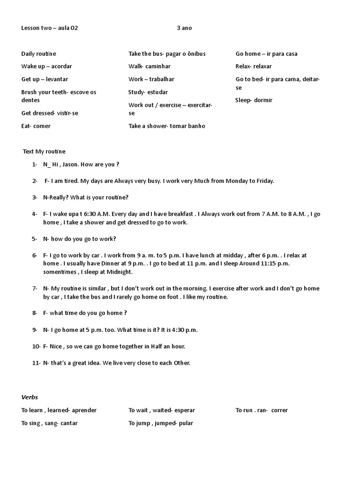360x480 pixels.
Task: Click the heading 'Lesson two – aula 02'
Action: [50, 28]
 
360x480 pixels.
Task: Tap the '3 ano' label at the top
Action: [184, 28]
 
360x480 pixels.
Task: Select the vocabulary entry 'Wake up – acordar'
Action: [46, 67]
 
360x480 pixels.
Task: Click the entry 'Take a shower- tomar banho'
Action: [166, 126]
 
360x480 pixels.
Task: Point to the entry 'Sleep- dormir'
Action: [254, 100]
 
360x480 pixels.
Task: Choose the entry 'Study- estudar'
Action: [148, 92]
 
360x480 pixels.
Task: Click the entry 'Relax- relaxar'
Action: [254, 67]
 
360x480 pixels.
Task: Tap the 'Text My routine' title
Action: [45, 151]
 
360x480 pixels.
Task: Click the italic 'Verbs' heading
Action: [30, 397]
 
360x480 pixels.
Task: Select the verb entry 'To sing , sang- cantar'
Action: [49, 423]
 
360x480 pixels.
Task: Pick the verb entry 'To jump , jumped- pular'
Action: [160, 423]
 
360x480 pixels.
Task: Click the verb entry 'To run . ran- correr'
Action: [262, 410]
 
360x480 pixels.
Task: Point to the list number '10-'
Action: [37, 346]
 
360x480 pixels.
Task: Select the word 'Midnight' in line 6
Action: [120, 272]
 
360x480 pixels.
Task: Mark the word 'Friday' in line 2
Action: [263, 181]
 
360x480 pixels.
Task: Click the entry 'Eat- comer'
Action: [36, 126]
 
